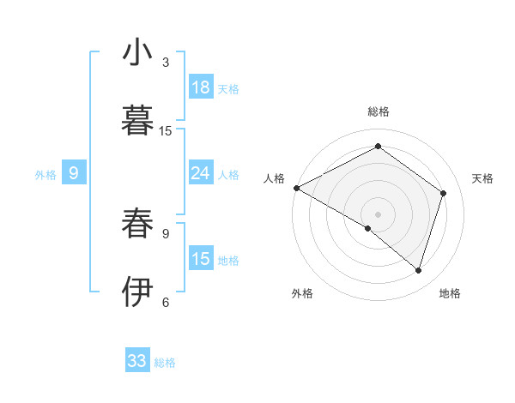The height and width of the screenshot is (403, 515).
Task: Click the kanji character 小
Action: point(138,53)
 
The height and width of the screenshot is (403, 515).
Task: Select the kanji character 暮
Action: point(138,122)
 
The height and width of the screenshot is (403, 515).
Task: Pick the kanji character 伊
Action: point(138,292)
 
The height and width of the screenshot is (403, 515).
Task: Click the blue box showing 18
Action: point(201,87)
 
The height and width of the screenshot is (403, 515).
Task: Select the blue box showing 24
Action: point(201,173)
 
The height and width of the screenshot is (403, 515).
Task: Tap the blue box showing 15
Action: point(201,258)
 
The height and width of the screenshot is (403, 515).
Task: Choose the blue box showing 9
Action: point(74,173)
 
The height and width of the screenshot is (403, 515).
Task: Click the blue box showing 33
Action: point(137,361)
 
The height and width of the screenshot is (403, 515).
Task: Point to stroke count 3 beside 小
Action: point(166,63)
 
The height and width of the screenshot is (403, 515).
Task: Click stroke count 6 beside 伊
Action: point(166,302)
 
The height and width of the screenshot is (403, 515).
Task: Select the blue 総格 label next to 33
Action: point(165,363)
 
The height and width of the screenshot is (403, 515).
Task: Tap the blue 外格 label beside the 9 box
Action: point(45,174)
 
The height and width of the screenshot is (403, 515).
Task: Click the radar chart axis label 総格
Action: point(378,111)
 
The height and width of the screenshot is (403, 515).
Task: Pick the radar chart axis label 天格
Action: point(483,178)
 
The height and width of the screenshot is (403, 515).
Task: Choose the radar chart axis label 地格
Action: point(450,293)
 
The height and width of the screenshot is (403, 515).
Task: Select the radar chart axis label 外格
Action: point(302,293)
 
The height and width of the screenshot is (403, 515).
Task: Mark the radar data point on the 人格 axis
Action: point(296,188)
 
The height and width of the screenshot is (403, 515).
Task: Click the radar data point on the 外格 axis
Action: point(368,228)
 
